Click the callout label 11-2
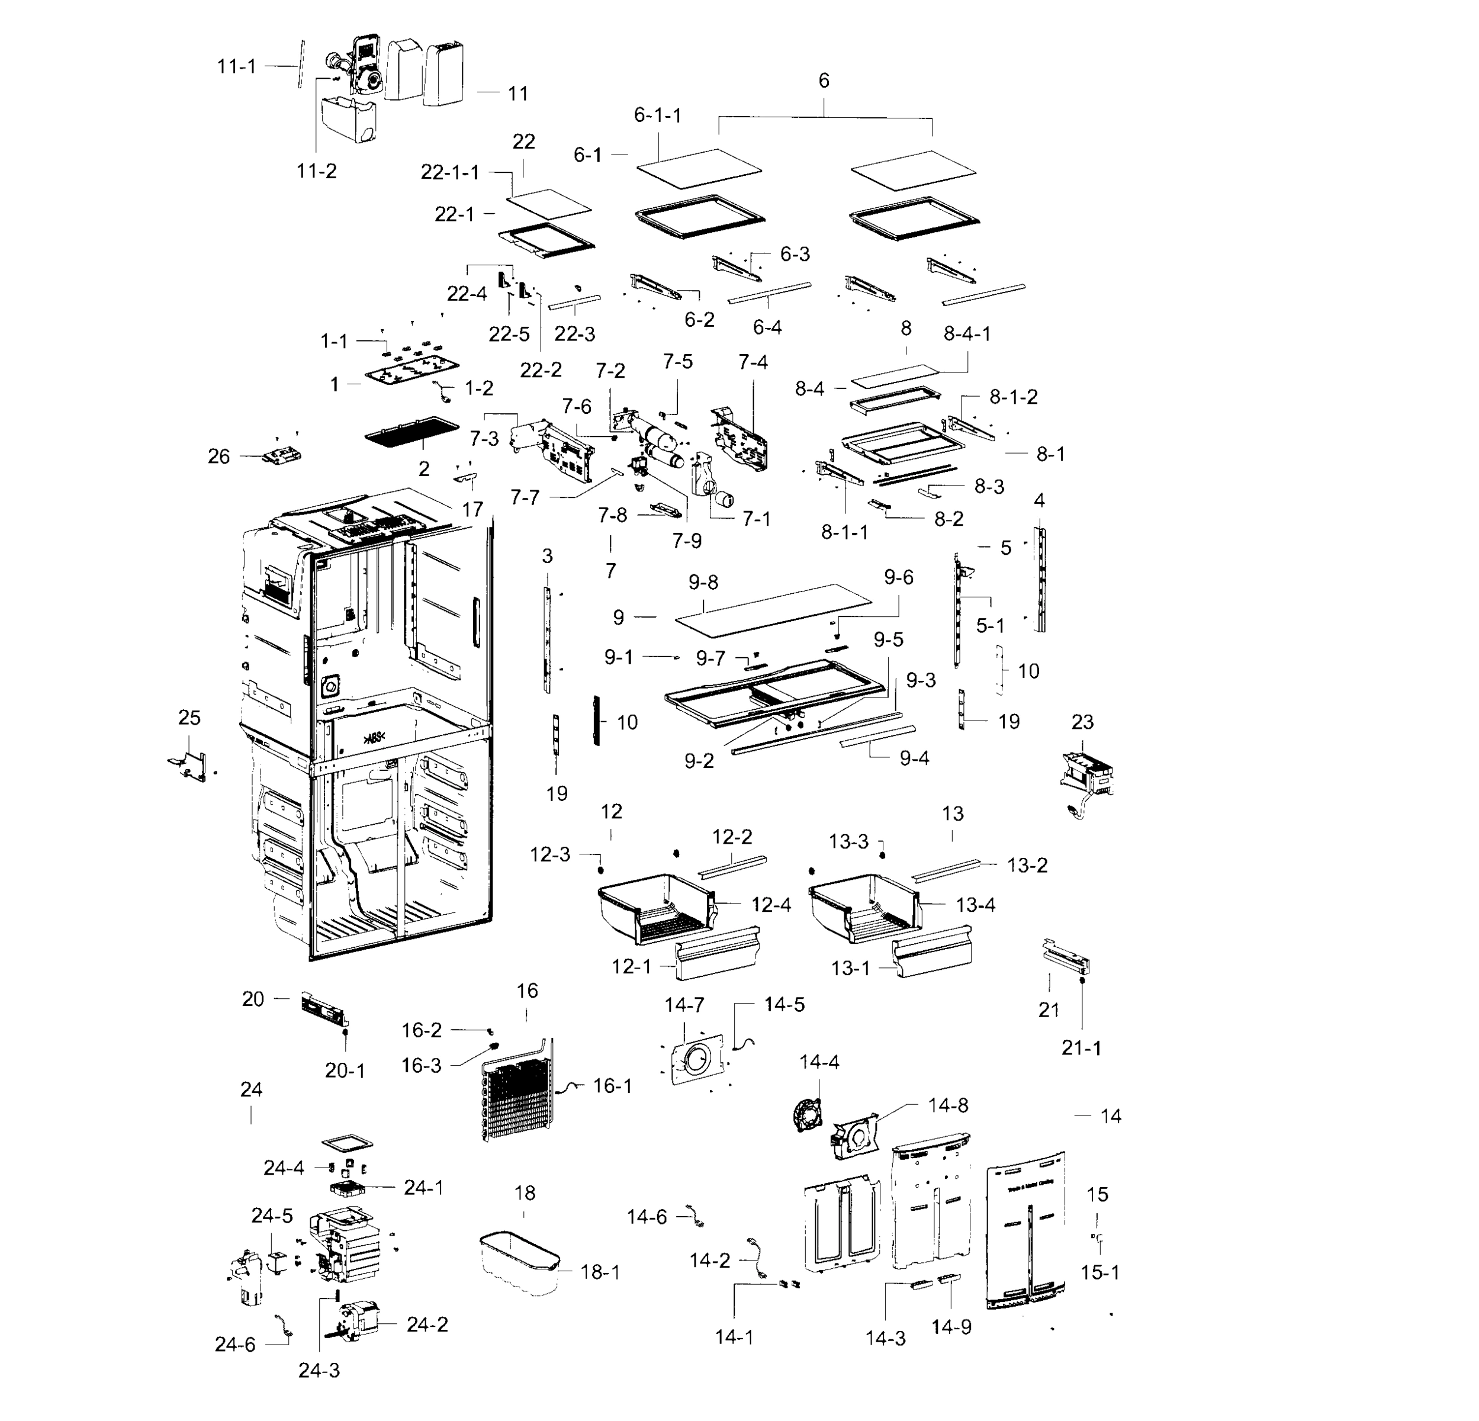pos(316,171)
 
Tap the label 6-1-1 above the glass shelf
pos(657,115)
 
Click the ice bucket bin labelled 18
pos(519,1262)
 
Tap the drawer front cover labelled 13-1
pos(931,957)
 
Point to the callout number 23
pos(1082,722)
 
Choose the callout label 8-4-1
pos(967,333)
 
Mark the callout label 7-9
pos(687,541)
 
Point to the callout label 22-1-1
pos(450,172)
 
